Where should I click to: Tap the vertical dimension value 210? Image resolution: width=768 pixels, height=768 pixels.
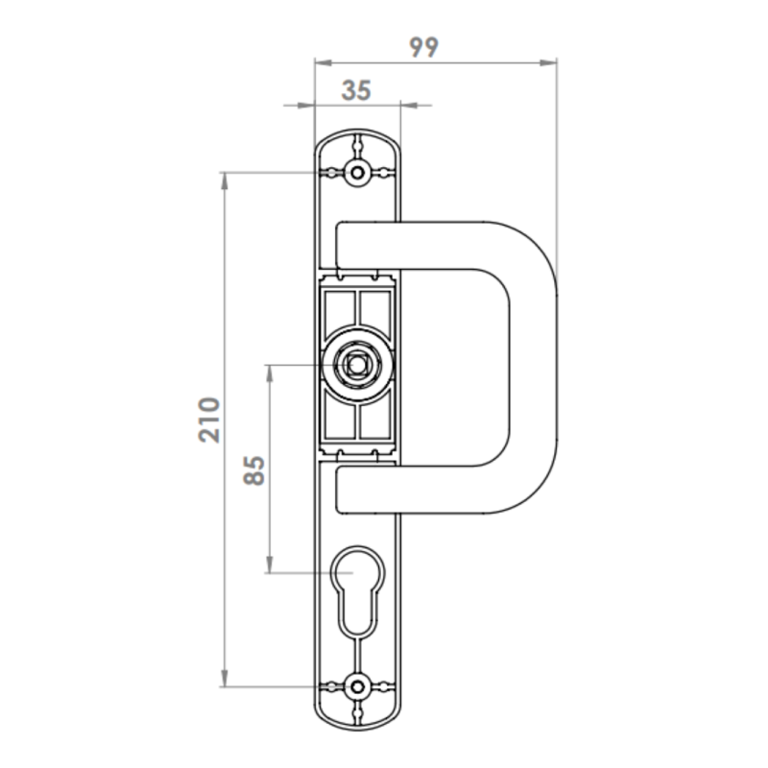click(x=210, y=419)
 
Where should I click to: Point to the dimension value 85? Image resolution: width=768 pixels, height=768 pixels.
click(x=253, y=471)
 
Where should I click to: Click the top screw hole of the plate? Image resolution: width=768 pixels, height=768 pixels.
click(x=358, y=173)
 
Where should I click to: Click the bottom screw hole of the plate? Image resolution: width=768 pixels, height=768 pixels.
click(x=358, y=687)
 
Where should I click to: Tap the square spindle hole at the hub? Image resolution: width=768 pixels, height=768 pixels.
click(x=358, y=365)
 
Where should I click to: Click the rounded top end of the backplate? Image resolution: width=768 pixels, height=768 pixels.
click(x=358, y=139)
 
